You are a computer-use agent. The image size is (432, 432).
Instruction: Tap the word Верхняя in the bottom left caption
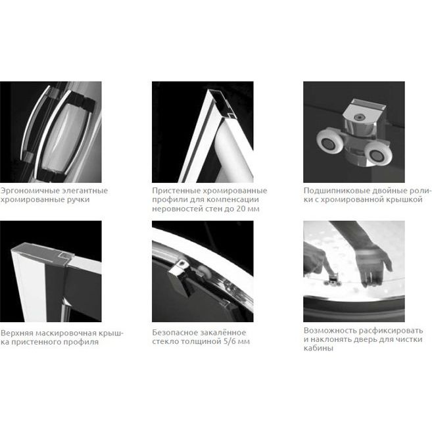(x=17, y=333)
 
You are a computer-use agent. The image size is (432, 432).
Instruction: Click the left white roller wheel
(x=329, y=143)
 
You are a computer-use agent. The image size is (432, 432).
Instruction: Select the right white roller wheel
(x=376, y=155)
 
